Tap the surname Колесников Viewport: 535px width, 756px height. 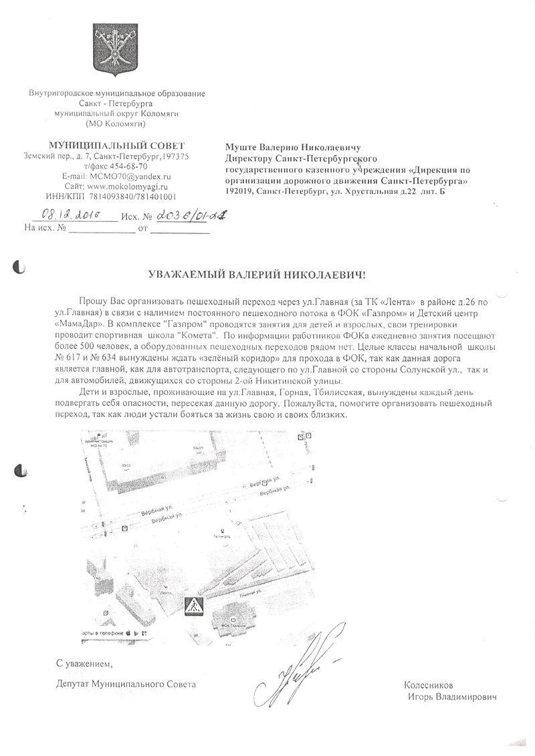(x=428, y=685)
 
